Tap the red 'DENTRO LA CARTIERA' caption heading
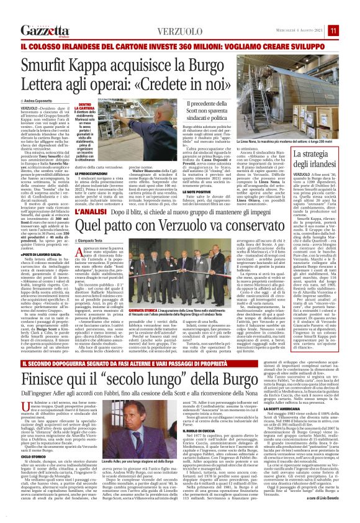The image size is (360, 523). click(x=86, y=107)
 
